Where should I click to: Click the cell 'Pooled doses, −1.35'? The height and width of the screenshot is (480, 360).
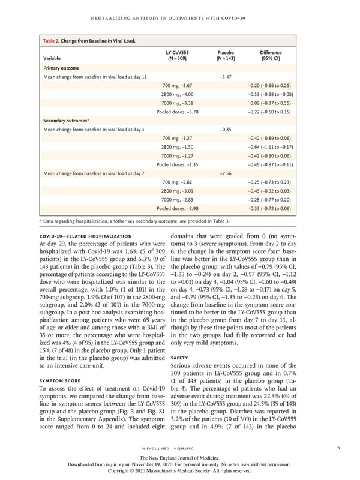point(169,164)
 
